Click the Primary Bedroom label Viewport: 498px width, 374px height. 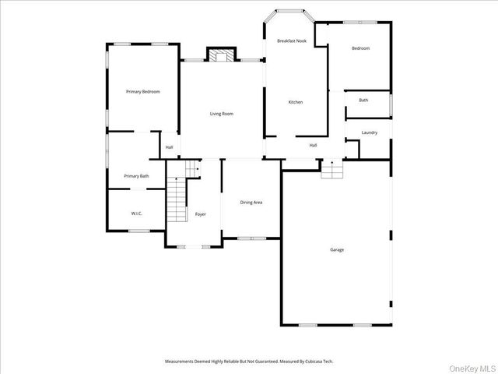tap(143, 92)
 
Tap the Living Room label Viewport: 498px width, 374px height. tap(222, 114)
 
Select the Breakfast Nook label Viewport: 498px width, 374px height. tap(292, 41)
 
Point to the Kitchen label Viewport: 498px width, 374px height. tap(296, 102)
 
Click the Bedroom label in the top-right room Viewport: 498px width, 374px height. tap(360, 48)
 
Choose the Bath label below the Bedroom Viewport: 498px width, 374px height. tap(363, 100)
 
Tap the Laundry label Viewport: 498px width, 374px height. tap(370, 132)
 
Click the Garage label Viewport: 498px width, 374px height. tap(337, 249)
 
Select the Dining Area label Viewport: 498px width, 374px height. tap(251, 203)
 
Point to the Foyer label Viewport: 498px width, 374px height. tap(201, 213)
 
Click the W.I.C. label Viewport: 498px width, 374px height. tap(136, 213)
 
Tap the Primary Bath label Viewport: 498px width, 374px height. tap(136, 176)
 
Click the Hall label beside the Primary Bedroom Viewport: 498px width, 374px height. tap(169, 146)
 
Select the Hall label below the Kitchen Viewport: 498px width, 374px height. tap(314, 145)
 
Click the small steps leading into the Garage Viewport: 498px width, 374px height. tap(332, 169)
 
